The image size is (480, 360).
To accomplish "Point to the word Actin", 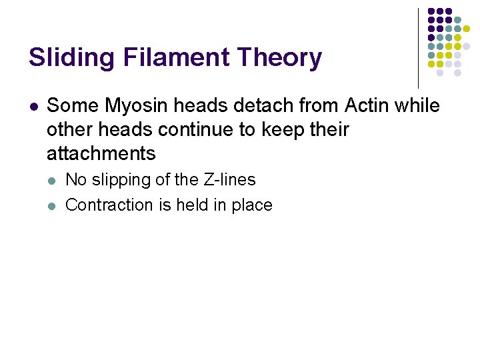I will (x=369, y=105).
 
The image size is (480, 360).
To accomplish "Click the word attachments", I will (x=101, y=153).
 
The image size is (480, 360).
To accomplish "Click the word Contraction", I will (x=109, y=205).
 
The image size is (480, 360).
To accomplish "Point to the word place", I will (x=252, y=205).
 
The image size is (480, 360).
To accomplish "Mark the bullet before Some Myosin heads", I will (x=33, y=106).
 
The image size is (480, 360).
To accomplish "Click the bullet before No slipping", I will (x=53, y=180).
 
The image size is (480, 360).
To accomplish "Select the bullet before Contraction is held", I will (x=53, y=205).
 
